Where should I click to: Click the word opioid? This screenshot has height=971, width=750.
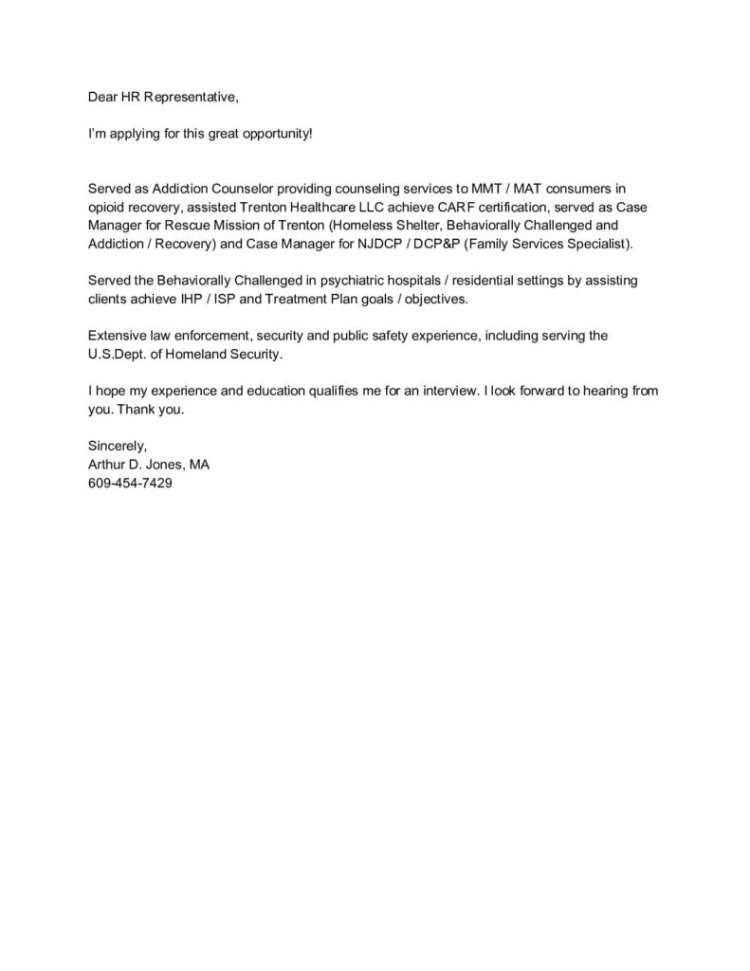[105, 207]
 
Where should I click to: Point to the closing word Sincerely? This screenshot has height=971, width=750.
[117, 445]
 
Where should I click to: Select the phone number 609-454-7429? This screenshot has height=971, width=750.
[130, 482]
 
